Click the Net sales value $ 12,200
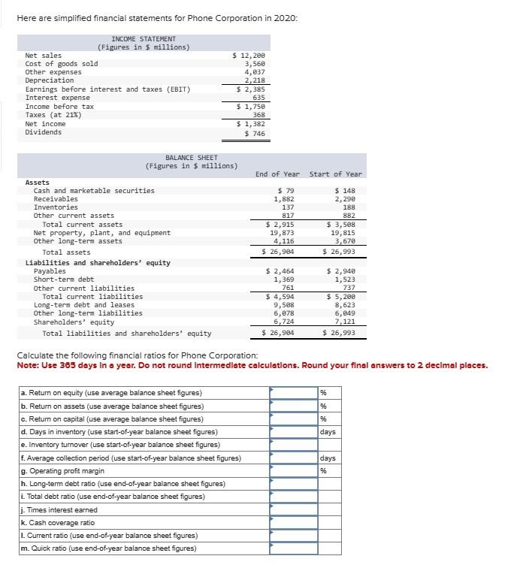(x=249, y=56)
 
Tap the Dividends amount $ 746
(x=253, y=133)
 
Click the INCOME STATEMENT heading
(x=144, y=39)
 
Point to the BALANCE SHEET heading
(x=192, y=158)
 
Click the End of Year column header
(x=277, y=174)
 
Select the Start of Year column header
(x=335, y=174)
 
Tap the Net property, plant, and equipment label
(x=102, y=233)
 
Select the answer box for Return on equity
(x=294, y=392)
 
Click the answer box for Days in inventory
(x=294, y=431)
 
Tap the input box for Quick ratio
(x=294, y=548)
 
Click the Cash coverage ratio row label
(x=58, y=522)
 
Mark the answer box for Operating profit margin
(x=294, y=470)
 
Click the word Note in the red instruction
(x=27, y=366)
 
